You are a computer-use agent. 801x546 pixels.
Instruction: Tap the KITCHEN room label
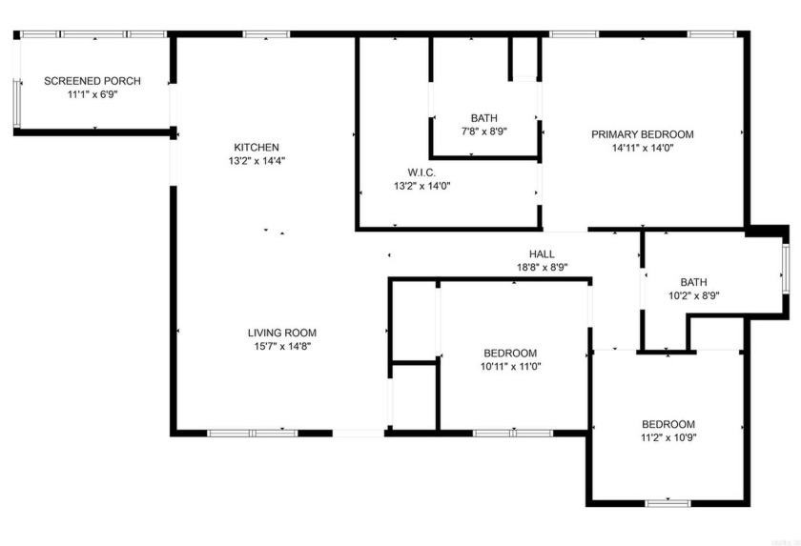257,147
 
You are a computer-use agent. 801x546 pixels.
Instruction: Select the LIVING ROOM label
281,333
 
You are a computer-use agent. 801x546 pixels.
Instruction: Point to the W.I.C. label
421,172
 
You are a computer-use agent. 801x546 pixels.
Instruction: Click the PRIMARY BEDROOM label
642,134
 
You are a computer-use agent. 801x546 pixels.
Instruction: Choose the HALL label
542,254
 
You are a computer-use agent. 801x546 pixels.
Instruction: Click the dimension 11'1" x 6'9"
92,95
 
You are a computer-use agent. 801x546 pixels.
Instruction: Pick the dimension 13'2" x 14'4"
257,161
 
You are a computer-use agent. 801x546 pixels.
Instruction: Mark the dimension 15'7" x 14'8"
281,347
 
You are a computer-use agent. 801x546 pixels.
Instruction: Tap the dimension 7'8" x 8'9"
483,132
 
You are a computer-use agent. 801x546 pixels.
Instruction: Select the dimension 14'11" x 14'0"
642,148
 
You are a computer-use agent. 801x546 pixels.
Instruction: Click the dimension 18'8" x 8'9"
542,268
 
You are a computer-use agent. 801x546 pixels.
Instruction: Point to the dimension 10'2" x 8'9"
693,295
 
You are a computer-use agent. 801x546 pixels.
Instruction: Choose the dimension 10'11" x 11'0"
510,366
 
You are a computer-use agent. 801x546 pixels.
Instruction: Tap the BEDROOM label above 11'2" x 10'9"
667,424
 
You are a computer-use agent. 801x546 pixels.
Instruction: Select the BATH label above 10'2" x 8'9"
693,282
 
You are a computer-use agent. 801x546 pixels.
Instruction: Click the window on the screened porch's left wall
15,102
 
